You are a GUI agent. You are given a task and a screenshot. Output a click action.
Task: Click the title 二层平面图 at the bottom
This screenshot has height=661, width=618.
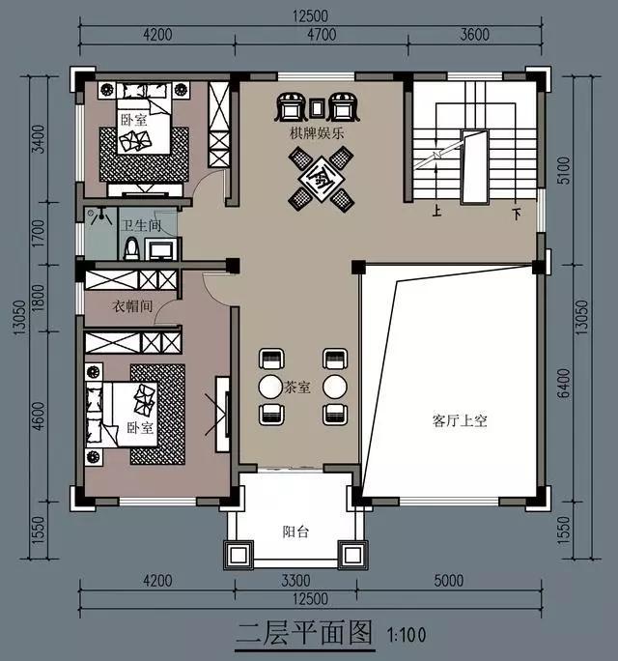coord(304,634)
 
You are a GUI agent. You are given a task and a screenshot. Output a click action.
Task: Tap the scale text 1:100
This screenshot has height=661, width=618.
coord(407,636)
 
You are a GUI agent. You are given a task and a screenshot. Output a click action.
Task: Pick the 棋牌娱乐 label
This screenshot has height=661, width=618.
coord(316,134)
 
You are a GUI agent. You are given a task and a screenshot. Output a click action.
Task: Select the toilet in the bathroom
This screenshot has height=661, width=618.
coord(131,248)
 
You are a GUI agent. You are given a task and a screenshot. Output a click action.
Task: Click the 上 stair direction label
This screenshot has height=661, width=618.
coord(436,214)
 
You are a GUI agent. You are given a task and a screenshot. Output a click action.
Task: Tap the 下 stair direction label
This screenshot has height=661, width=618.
coord(516,214)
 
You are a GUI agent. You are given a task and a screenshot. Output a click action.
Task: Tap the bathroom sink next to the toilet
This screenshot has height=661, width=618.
coord(161,251)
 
